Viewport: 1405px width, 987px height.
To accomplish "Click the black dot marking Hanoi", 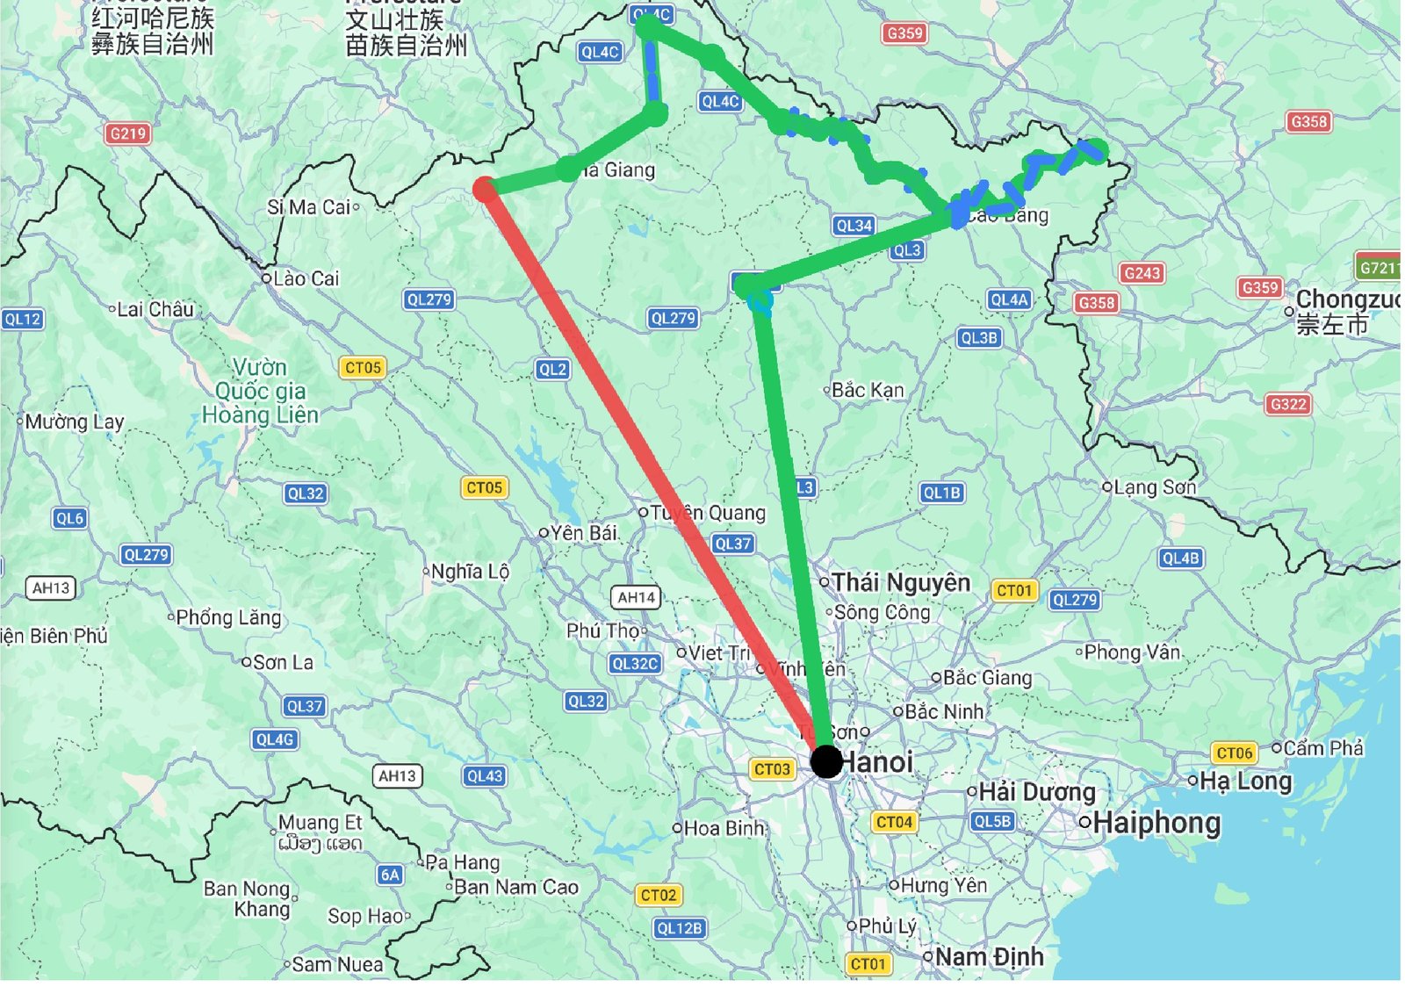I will pyautogui.click(x=825, y=761).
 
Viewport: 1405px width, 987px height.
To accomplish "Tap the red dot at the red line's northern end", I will pyautogui.click(x=484, y=189).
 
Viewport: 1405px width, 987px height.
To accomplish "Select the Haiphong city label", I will pyautogui.click(x=1157, y=824).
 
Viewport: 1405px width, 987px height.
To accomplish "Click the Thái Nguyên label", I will pyautogui.click(x=901, y=582).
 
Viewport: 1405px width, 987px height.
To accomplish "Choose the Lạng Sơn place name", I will pyautogui.click(x=1154, y=486).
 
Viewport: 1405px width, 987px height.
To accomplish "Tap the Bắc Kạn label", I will pyautogui.click(x=867, y=389).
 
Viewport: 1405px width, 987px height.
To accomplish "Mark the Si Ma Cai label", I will pyautogui.click(x=309, y=207).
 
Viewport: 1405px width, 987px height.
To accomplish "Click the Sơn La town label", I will pyautogui.click(x=282, y=662).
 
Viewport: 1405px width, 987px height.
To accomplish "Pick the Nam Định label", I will pyautogui.click(x=990, y=956).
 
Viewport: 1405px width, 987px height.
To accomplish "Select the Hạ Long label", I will pyautogui.click(x=1245, y=782).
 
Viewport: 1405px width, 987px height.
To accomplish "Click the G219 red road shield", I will pyautogui.click(x=128, y=133).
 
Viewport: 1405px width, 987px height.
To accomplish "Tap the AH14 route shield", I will pyautogui.click(x=636, y=597).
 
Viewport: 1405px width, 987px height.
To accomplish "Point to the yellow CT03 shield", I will pyautogui.click(x=772, y=769).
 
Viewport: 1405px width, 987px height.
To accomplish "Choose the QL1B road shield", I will pyautogui.click(x=941, y=493).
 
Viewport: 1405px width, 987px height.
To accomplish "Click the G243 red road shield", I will pyautogui.click(x=1142, y=273).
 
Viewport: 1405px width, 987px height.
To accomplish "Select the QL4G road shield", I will pyautogui.click(x=275, y=739).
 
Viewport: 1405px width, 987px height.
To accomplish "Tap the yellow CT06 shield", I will pyautogui.click(x=1235, y=753).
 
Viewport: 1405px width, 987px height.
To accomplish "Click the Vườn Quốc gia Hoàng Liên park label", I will pyautogui.click(x=260, y=391).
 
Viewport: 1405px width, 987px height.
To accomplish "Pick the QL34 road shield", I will pyautogui.click(x=854, y=226).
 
